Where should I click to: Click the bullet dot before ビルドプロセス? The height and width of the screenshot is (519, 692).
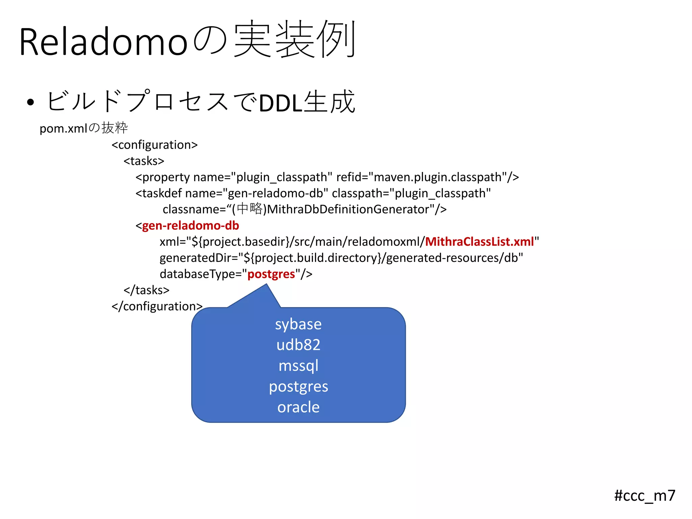pos(30,102)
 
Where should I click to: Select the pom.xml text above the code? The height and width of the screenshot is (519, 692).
pos(63,129)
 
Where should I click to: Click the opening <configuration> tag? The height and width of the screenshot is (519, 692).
pos(154,145)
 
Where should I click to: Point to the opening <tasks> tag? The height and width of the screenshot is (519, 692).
pos(144,161)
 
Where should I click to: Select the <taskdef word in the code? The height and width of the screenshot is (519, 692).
pos(159,193)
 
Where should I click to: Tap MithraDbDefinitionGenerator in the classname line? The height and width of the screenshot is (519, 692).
pos(348,209)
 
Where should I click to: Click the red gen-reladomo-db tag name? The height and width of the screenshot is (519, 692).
pos(190,226)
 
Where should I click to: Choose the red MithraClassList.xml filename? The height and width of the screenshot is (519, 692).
pos(479,242)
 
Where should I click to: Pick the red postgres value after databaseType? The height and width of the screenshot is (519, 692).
pos(271,274)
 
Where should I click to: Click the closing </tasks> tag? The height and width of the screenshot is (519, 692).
pos(146,290)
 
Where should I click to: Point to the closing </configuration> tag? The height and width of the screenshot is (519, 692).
pos(157,306)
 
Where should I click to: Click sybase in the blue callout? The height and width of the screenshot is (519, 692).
pos(298,324)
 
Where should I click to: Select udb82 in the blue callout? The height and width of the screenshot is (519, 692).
pos(298,345)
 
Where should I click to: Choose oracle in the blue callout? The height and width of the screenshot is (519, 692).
pos(298,407)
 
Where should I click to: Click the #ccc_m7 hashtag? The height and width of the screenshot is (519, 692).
pos(644,496)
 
